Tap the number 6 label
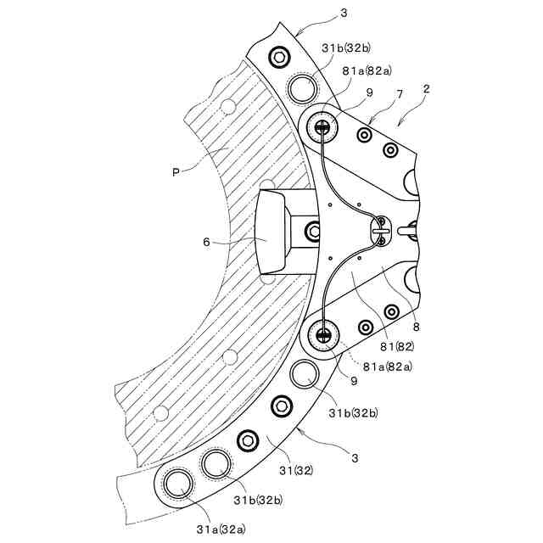tap(206, 242)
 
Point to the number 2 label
tap(426, 88)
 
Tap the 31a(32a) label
tap(223, 529)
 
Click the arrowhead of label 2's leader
tap(400, 121)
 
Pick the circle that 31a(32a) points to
tap(179, 484)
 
